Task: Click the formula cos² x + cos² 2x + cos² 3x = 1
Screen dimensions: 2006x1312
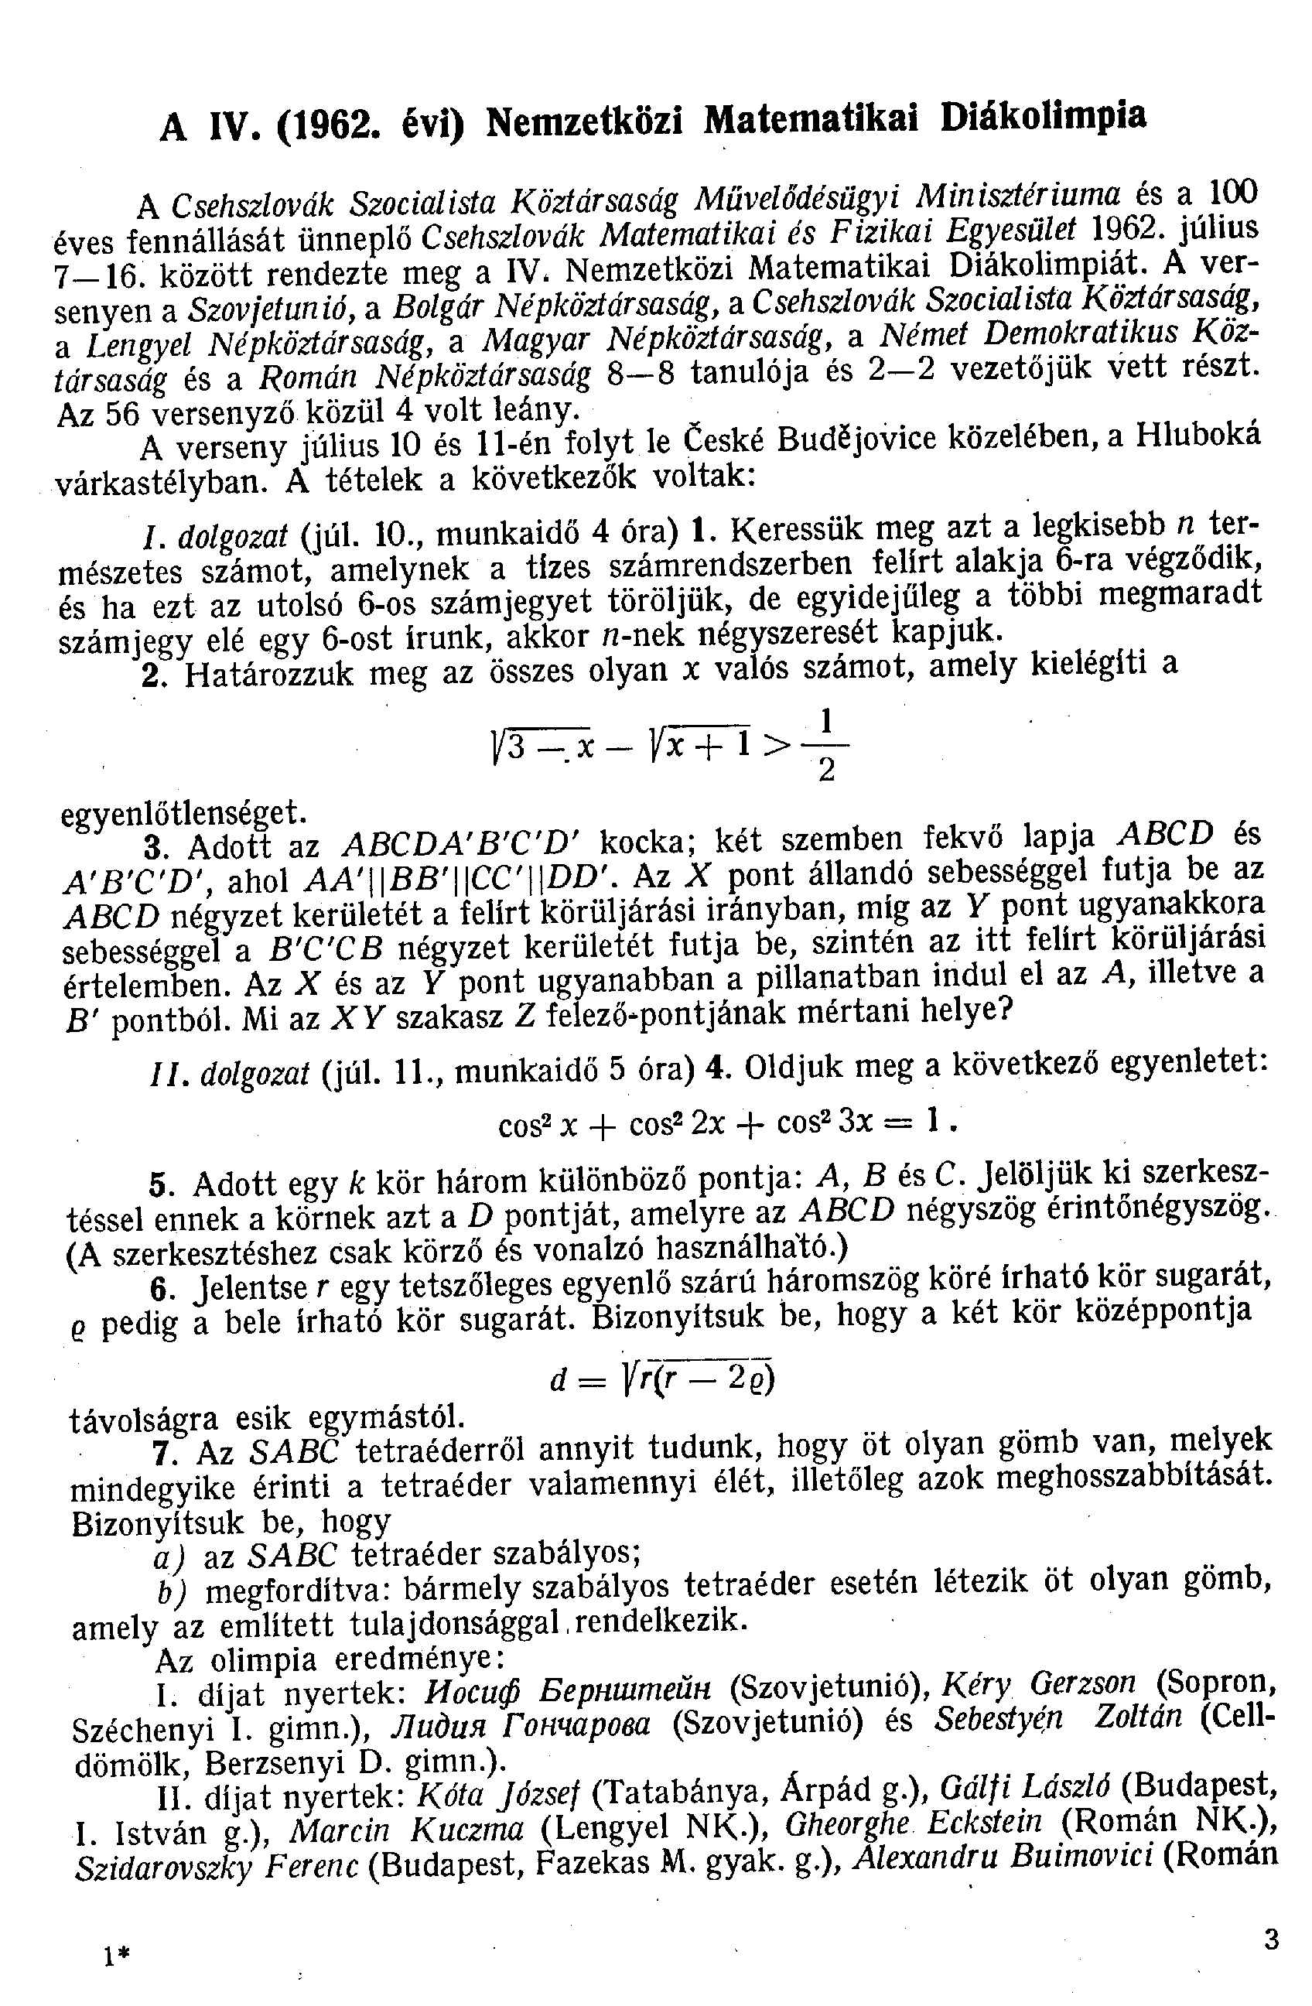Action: coord(729,1123)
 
